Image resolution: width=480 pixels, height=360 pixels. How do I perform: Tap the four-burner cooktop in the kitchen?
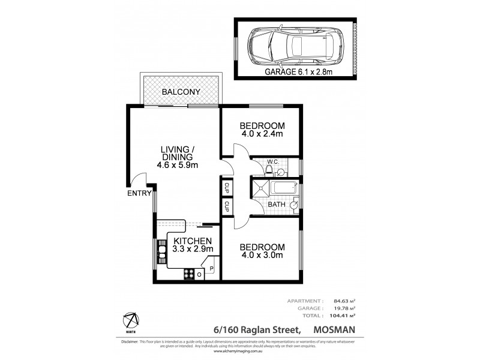point(190,273)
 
